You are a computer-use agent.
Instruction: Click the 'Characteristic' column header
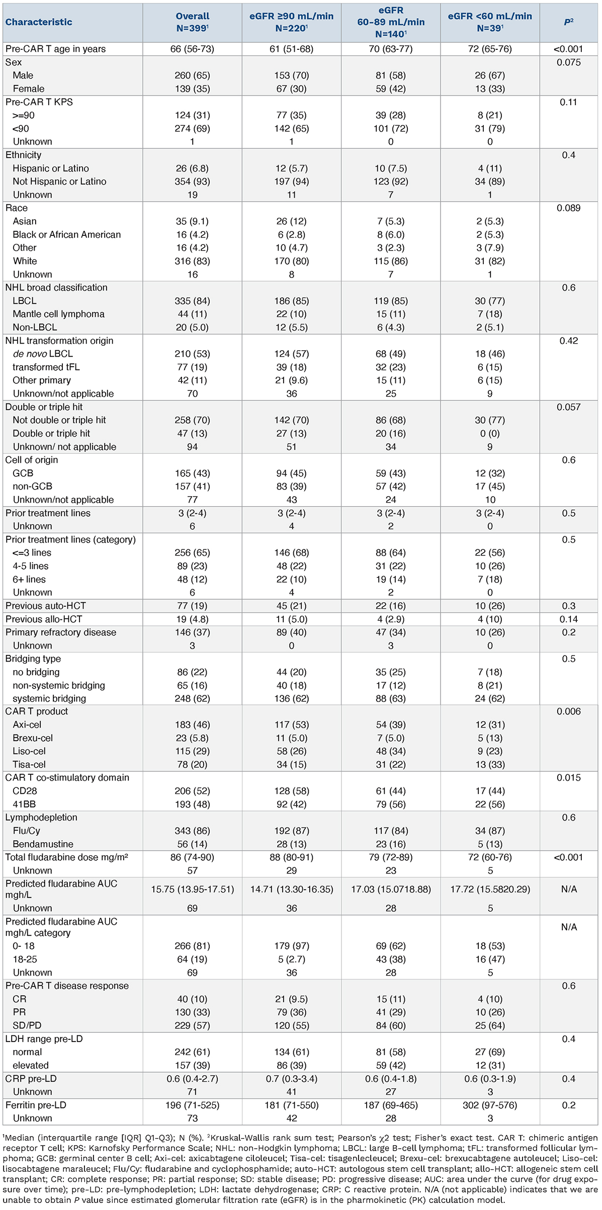(39, 22)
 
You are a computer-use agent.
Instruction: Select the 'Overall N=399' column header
(192, 22)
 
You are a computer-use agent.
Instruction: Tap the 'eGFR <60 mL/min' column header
(490, 22)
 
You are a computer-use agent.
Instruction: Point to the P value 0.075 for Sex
(568, 62)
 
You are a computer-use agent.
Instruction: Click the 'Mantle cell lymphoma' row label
(58, 314)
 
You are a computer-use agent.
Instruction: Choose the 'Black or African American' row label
(66, 234)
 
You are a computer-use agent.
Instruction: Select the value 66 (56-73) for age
(192, 49)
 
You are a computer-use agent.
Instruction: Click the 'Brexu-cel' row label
(33, 738)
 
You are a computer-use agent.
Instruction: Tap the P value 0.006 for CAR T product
(568, 711)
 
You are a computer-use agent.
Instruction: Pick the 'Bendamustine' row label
(43, 844)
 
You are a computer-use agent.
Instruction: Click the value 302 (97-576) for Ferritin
(490, 1105)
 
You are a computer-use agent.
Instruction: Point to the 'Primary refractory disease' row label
(61, 632)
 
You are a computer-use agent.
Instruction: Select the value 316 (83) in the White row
(192, 261)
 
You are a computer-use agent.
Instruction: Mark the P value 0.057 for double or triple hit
(568, 407)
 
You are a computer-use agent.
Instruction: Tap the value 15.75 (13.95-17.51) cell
(192, 889)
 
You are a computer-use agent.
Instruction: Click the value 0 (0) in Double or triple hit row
(490, 434)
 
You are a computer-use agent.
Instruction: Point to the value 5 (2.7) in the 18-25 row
(291, 959)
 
